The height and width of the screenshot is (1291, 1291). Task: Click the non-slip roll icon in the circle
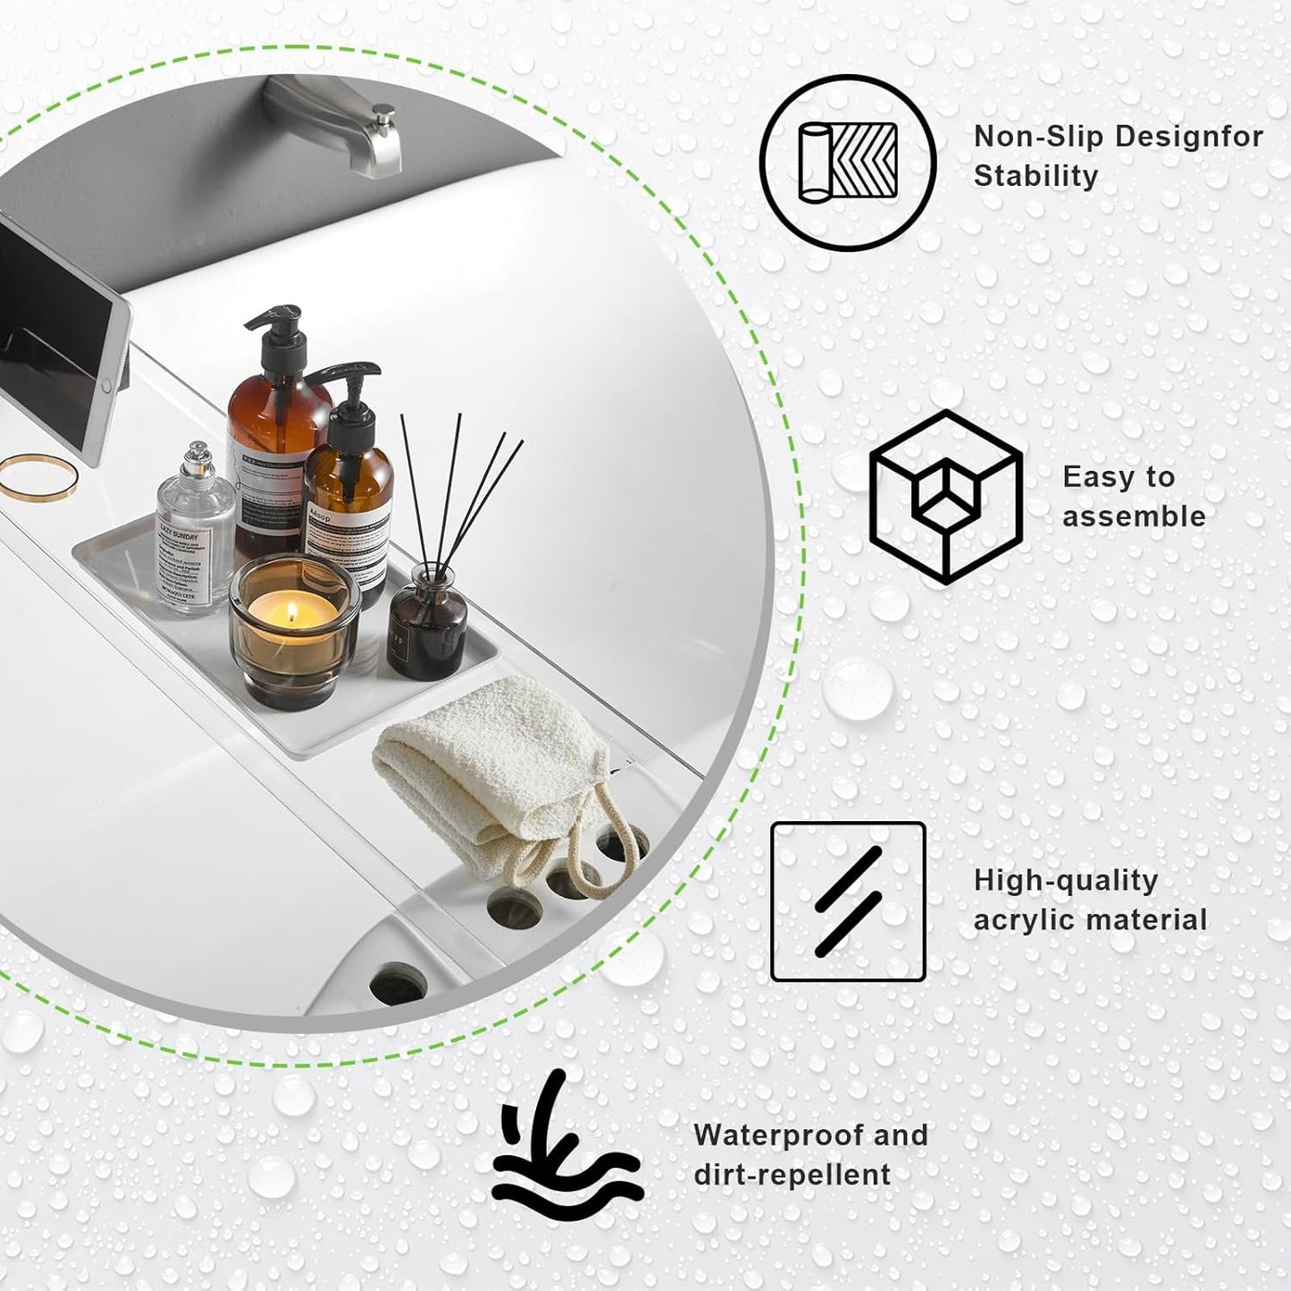click(847, 162)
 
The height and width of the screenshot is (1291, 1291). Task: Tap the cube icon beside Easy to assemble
click(945, 497)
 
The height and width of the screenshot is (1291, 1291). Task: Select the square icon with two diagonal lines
click(848, 901)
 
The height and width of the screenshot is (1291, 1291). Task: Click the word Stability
click(1035, 176)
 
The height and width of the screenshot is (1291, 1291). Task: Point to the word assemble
click(1133, 516)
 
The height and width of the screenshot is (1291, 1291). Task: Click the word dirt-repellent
click(792, 1175)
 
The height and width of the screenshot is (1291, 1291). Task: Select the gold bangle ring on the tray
click(38, 477)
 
